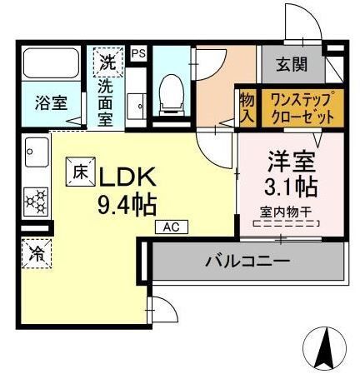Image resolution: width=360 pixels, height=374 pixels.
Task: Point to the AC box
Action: [x=170, y=226]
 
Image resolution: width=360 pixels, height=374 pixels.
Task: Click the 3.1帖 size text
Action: [x=287, y=185]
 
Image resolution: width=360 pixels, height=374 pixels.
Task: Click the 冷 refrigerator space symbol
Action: [x=36, y=250]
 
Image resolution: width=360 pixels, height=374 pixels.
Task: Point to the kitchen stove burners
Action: [x=36, y=201]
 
